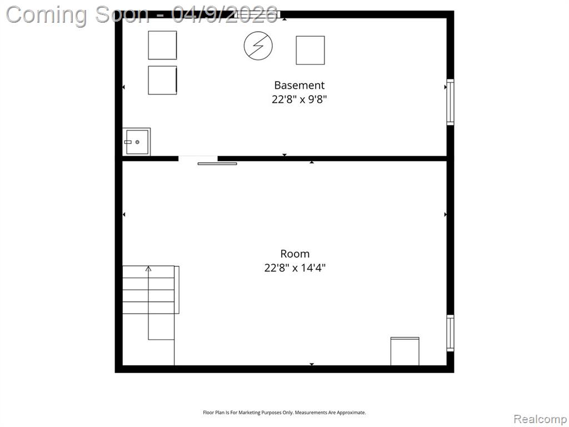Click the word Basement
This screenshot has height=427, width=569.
pyautogui.click(x=299, y=85)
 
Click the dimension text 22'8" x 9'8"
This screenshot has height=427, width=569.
pyautogui.click(x=300, y=99)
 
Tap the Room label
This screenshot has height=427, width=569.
pyautogui.click(x=295, y=254)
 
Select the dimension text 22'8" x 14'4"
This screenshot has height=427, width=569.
pyautogui.click(x=295, y=268)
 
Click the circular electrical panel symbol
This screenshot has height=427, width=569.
pyautogui.click(x=258, y=46)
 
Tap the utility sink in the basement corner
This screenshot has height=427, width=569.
pyautogui.click(x=137, y=142)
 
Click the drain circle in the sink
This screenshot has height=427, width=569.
pyautogui.click(x=137, y=142)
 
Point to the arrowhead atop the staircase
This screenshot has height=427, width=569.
pyautogui.click(x=148, y=269)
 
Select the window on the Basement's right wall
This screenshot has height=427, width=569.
pyautogui.click(x=450, y=102)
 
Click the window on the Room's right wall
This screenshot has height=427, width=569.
pyautogui.click(x=450, y=333)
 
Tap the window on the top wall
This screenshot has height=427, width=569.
pyautogui.click(x=258, y=14)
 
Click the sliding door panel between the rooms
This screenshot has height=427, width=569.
pyautogui.click(x=217, y=164)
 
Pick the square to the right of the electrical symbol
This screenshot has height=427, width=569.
pyautogui.click(x=310, y=50)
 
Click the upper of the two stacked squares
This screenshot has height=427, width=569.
pyautogui.click(x=162, y=45)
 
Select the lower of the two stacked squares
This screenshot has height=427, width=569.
pyautogui.click(x=162, y=80)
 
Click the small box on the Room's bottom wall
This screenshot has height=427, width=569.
pyautogui.click(x=405, y=351)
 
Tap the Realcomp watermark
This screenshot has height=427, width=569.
pyautogui.click(x=540, y=419)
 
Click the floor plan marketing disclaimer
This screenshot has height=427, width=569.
pyautogui.click(x=284, y=413)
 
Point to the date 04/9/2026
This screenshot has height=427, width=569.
pyautogui.click(x=225, y=14)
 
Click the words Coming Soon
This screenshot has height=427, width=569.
pyautogui.click(x=77, y=15)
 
